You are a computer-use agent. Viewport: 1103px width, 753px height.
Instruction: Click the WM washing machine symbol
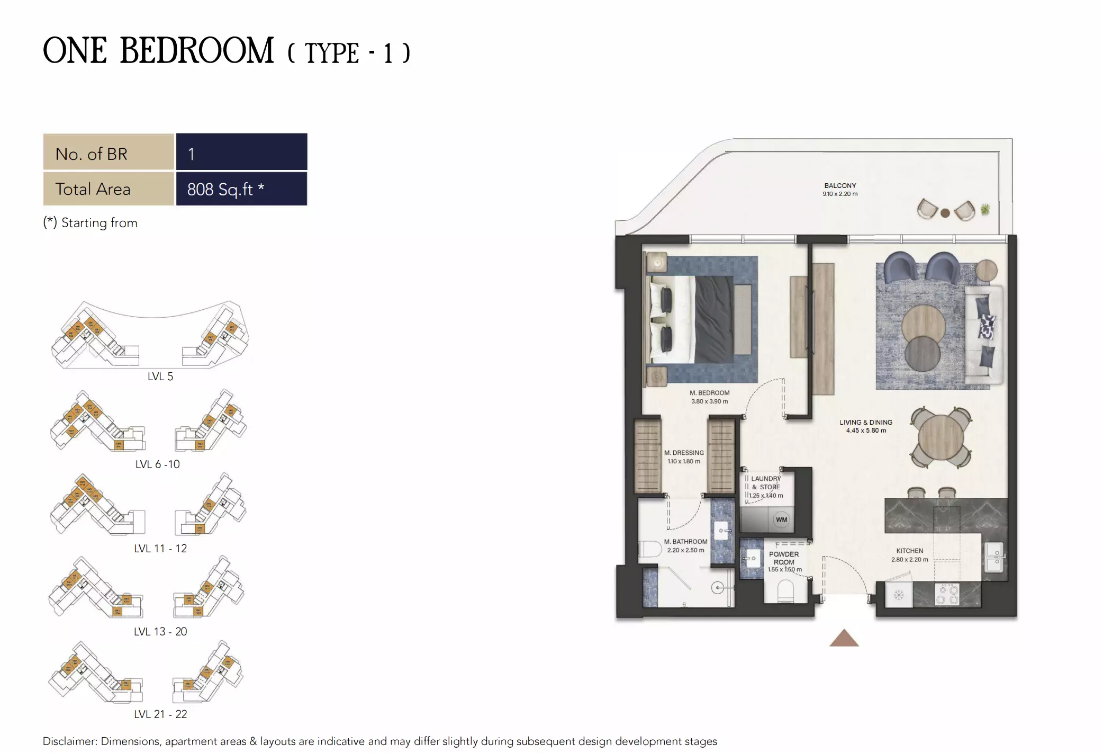point(781,519)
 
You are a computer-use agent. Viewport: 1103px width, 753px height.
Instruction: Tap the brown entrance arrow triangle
point(844,639)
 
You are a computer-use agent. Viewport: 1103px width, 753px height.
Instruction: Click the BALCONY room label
point(840,185)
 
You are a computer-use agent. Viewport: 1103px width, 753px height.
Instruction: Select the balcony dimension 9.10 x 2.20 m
point(840,194)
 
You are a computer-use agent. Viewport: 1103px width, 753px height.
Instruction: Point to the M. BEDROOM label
point(709,393)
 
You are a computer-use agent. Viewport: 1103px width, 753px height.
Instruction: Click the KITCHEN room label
point(909,551)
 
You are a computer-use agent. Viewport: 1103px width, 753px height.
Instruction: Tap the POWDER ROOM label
point(784,558)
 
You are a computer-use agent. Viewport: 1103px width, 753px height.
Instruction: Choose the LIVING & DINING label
point(865,422)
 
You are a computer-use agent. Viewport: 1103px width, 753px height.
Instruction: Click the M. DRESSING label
point(684,453)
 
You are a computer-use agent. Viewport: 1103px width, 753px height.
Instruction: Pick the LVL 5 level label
point(160,376)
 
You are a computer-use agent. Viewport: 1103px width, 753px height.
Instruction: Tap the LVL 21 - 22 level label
point(160,714)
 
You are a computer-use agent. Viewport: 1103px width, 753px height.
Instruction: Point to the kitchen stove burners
point(947,594)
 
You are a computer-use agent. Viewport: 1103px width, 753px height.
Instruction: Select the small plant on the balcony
point(985,210)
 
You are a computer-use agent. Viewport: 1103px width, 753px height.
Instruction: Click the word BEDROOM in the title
point(197,51)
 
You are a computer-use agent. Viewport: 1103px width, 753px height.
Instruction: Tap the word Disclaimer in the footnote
point(70,741)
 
